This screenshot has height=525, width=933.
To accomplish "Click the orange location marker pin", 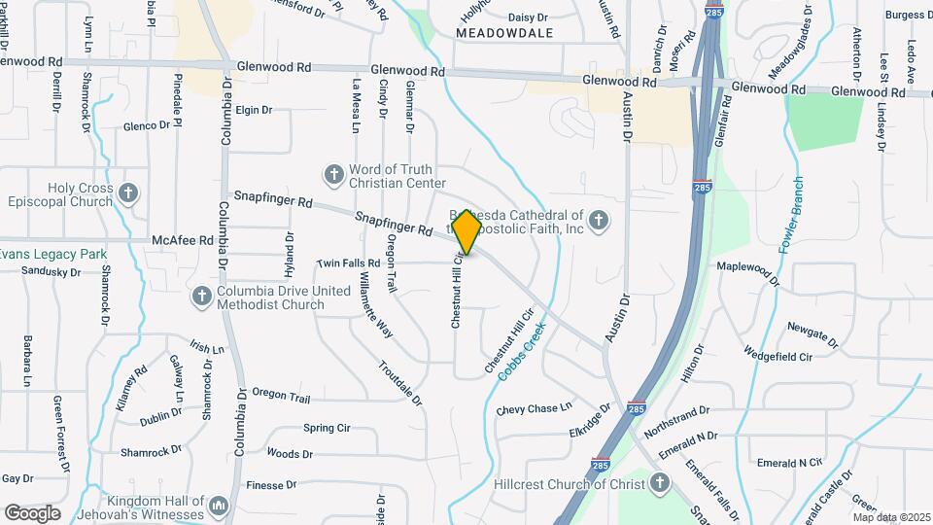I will (x=466, y=231).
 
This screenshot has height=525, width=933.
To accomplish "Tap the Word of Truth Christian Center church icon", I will (x=333, y=175).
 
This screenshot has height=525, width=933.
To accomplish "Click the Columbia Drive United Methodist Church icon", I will (x=201, y=296).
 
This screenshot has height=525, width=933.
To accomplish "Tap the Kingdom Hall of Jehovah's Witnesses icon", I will (x=220, y=506).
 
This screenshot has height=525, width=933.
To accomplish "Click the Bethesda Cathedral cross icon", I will (x=598, y=221).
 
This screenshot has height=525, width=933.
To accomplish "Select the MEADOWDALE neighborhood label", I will (x=504, y=33).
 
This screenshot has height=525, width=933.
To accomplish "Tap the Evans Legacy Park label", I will (x=52, y=255).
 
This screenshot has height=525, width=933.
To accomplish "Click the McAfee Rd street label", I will (x=183, y=240).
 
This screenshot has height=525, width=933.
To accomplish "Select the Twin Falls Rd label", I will (x=348, y=263).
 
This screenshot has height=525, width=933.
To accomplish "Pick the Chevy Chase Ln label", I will (x=535, y=410).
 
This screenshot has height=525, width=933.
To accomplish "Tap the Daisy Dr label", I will (x=529, y=17).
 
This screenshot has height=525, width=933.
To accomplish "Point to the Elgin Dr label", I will (x=253, y=110).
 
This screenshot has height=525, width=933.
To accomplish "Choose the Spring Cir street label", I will (x=327, y=428).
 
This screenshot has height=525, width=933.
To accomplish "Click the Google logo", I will (x=33, y=512).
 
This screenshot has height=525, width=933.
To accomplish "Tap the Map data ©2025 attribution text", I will (x=891, y=516).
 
